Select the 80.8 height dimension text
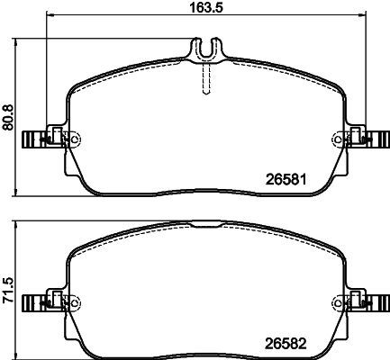pyautogui.click(x=8, y=114)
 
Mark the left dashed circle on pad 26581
pyautogui.click(x=74, y=139)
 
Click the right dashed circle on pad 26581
pyautogui.click(x=340, y=139)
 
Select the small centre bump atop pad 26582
pyautogui.click(x=208, y=221)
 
